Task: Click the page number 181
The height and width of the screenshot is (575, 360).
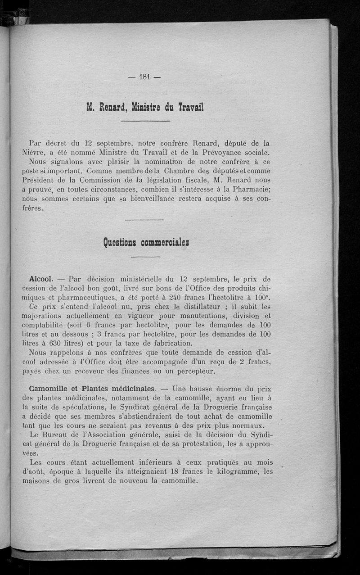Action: (144, 77)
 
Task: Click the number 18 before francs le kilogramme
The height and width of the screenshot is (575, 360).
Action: (175, 471)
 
